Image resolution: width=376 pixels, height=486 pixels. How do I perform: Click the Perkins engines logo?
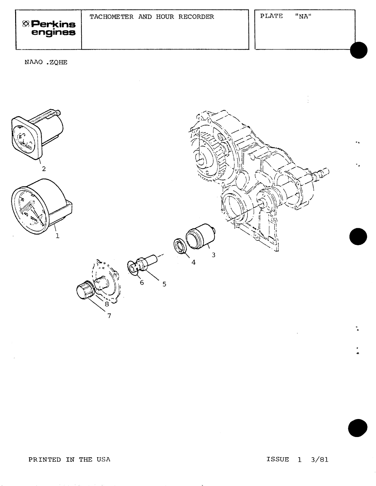click(x=49, y=28)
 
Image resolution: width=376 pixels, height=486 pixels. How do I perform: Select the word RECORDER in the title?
click(x=196, y=17)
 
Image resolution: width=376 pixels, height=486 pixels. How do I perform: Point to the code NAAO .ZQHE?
click(x=46, y=62)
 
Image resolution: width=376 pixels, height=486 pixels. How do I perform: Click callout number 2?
click(x=44, y=169)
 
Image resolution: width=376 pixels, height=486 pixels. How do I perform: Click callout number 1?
click(x=57, y=236)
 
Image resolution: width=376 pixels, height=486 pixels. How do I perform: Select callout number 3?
click(x=214, y=255)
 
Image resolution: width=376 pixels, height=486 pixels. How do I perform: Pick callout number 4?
click(x=193, y=262)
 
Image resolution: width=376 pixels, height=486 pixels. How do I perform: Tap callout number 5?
click(x=164, y=284)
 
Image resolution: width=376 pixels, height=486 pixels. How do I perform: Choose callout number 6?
click(x=142, y=282)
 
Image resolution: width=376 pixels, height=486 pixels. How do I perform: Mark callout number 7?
click(x=109, y=315)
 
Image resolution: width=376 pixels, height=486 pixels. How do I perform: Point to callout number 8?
click(x=107, y=304)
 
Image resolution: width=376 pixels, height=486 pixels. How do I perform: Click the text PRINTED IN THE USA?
click(x=70, y=459)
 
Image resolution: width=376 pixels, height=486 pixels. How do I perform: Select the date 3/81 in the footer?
click(x=319, y=460)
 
